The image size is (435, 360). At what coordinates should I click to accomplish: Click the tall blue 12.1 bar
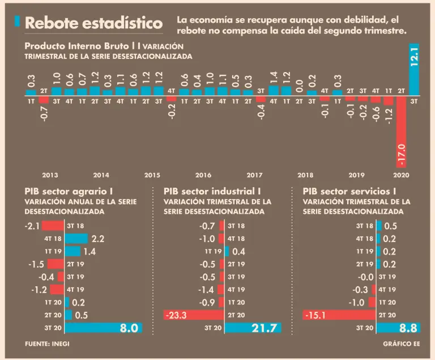413,69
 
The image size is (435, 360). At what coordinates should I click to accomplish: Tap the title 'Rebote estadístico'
93,23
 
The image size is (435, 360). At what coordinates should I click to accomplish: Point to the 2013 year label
50,175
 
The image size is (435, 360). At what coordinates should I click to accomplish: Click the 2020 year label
402,175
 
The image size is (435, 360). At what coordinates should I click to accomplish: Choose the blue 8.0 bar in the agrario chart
103,328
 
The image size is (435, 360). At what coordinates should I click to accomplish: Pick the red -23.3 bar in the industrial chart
194,315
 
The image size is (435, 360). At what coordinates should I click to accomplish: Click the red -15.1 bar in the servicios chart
339,315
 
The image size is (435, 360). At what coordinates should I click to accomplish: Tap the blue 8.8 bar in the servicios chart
390,328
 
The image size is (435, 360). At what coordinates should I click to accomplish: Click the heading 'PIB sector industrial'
212,191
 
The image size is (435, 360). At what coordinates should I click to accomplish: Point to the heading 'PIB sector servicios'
349,191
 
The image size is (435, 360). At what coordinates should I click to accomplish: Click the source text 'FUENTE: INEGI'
48,344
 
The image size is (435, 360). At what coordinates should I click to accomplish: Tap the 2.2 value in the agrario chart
97,239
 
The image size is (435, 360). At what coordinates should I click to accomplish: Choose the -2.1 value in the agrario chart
32,226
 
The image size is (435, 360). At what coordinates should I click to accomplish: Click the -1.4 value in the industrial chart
207,289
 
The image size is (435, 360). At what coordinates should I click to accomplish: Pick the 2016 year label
203,175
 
